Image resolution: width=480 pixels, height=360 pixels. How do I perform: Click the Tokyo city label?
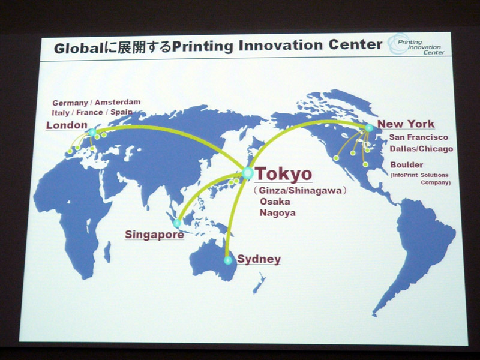283,173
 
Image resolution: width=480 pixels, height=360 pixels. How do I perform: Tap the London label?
67,125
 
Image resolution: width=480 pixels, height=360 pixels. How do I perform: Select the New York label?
406,124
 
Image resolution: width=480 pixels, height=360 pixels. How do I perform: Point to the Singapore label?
154,235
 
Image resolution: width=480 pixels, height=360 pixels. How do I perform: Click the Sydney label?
259,259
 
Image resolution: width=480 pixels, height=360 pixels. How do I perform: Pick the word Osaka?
275,202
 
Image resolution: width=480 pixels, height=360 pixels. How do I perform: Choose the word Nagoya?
278,213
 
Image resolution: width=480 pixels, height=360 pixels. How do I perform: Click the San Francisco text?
418,137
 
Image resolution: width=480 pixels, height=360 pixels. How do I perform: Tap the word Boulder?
407,164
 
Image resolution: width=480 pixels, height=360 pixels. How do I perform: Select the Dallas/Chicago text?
421,149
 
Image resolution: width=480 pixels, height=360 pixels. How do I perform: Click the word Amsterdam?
118,102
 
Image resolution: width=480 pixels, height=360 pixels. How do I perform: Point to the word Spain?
122,112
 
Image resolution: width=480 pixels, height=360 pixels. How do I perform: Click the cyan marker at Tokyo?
247,173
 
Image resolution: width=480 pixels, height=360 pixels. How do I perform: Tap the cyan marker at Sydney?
228,260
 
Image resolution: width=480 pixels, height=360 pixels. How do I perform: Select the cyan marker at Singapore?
177,223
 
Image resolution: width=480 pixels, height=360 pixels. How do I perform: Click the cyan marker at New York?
369,128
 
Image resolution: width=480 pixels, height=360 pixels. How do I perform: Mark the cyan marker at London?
92,132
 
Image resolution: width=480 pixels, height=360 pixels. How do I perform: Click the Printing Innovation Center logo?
416,45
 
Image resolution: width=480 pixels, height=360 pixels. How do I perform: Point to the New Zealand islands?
259,283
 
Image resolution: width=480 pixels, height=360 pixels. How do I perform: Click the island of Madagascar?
107,251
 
